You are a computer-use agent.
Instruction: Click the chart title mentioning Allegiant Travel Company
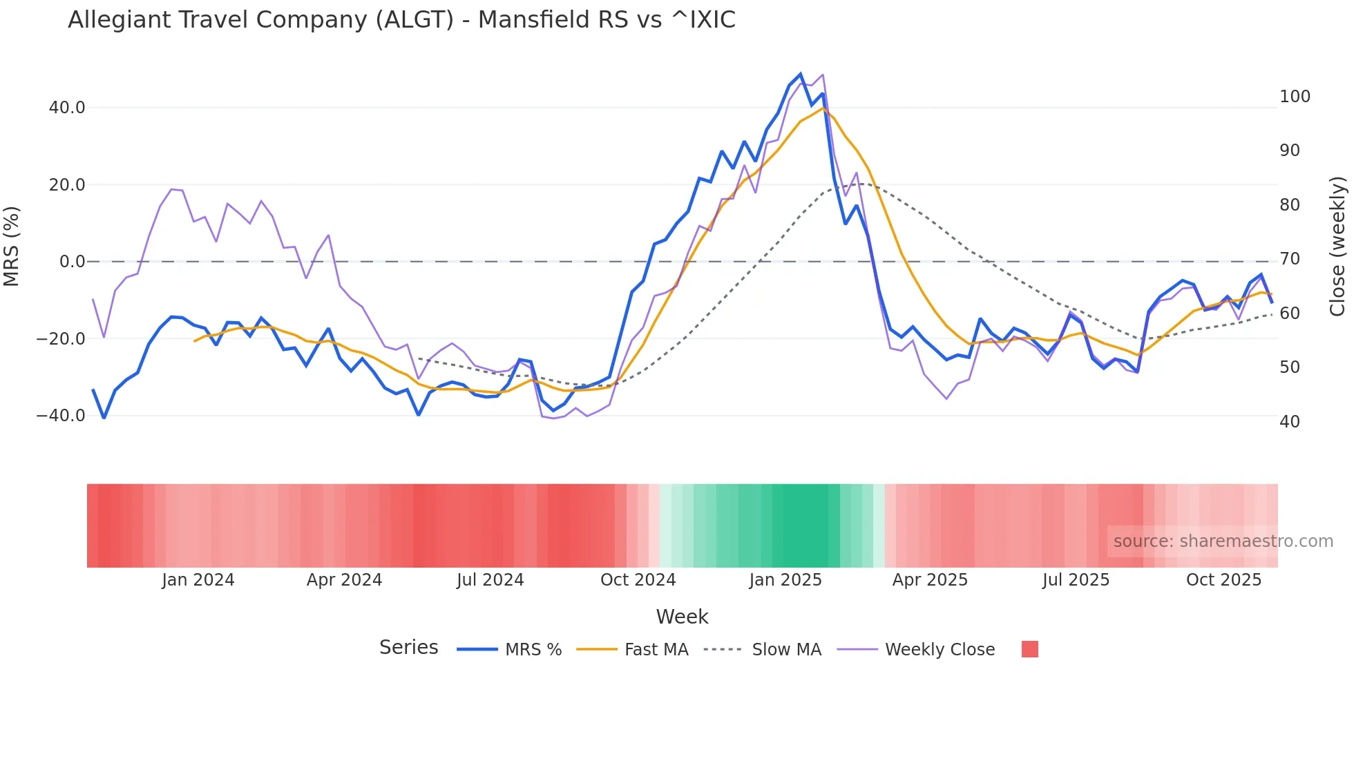(401, 20)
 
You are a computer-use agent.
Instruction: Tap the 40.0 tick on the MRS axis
(67, 108)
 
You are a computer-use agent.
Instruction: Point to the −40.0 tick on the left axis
(61, 416)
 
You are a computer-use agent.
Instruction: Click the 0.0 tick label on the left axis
(72, 262)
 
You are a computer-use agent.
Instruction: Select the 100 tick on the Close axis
(1295, 97)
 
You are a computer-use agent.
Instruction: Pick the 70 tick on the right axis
(1289, 259)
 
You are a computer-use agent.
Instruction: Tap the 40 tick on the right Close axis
(1289, 422)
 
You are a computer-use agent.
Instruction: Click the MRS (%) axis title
(11, 246)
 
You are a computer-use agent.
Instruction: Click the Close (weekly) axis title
(1337, 246)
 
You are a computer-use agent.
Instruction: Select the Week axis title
(682, 617)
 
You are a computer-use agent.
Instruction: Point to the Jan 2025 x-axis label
(785, 580)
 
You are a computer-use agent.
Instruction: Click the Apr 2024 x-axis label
(344, 580)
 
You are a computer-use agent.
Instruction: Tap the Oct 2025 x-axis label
(1223, 580)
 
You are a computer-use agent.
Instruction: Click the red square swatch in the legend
(1029, 649)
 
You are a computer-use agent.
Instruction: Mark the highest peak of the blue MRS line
(801, 74)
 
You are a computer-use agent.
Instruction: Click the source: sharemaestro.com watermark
(1223, 541)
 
